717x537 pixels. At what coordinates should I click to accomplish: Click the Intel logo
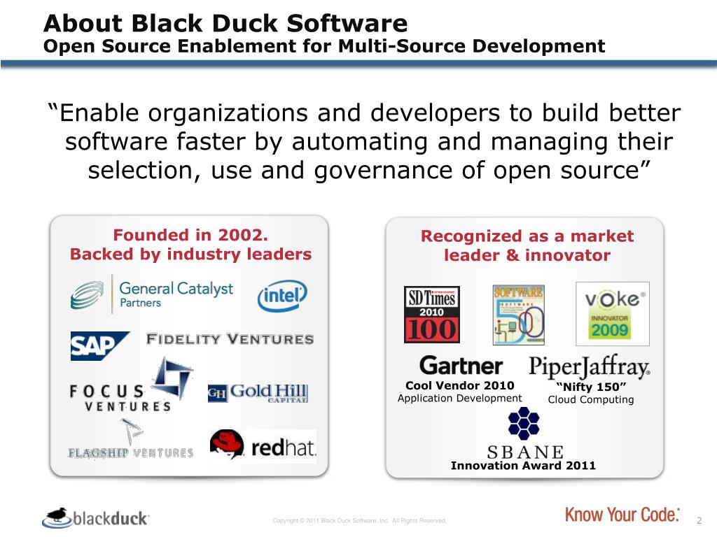point(282,296)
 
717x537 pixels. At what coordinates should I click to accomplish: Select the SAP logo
point(99,345)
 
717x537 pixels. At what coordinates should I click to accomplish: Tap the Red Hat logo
point(263,446)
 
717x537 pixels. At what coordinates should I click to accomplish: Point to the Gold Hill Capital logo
point(258,393)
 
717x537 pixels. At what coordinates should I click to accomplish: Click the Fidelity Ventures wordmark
point(230,339)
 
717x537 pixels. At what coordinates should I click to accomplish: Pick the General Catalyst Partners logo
point(152,294)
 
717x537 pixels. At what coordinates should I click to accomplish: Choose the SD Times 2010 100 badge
point(431,314)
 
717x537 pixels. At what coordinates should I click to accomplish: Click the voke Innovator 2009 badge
point(612,313)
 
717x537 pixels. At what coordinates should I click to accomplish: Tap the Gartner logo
point(461,366)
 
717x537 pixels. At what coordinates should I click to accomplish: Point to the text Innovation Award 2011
point(523,465)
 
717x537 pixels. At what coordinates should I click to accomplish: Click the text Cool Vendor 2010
point(459,385)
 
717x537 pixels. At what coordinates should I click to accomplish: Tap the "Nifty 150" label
point(590,387)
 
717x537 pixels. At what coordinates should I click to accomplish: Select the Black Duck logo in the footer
point(95,518)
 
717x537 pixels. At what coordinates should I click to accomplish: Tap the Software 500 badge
point(518,314)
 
